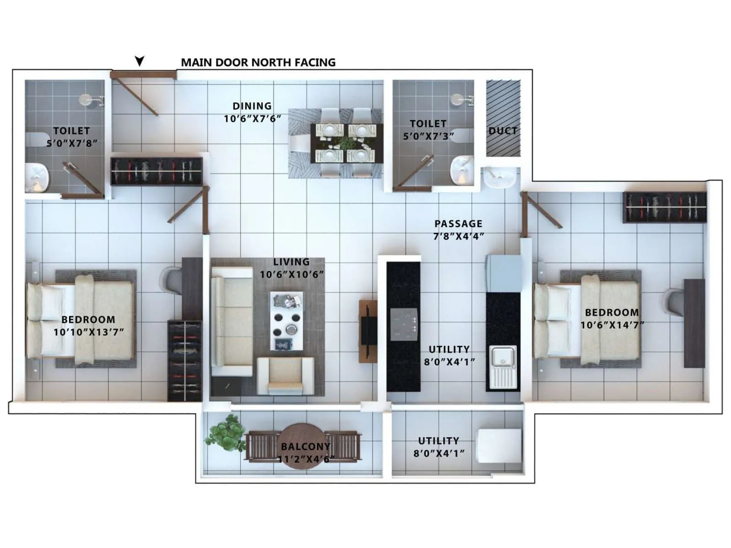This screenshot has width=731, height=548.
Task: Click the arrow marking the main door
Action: pyautogui.click(x=139, y=61)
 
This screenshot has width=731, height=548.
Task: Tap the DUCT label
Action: pyautogui.click(x=503, y=131)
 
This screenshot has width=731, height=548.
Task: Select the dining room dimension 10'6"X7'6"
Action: pyautogui.click(x=252, y=119)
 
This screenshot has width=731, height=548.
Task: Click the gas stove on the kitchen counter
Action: pyautogui.click(x=404, y=324)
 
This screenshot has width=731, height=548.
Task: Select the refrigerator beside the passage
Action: pyautogui.click(x=504, y=273)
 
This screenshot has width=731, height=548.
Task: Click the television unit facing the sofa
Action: pyautogui.click(x=368, y=331)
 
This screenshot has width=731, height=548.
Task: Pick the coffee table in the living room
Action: pyautogui.click(x=286, y=321)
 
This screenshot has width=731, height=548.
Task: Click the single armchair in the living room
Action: pyautogui.click(x=286, y=375)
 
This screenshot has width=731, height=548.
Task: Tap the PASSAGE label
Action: pyautogui.click(x=458, y=224)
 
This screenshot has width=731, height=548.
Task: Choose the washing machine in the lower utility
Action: pyautogui.click(x=499, y=446)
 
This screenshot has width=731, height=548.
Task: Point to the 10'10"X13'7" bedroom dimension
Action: pyautogui.click(x=89, y=332)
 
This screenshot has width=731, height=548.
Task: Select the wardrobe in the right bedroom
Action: pyautogui.click(x=664, y=207)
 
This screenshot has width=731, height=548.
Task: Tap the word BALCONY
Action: pyautogui.click(x=305, y=447)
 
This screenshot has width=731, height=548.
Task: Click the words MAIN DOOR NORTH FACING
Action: pyautogui.click(x=258, y=63)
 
